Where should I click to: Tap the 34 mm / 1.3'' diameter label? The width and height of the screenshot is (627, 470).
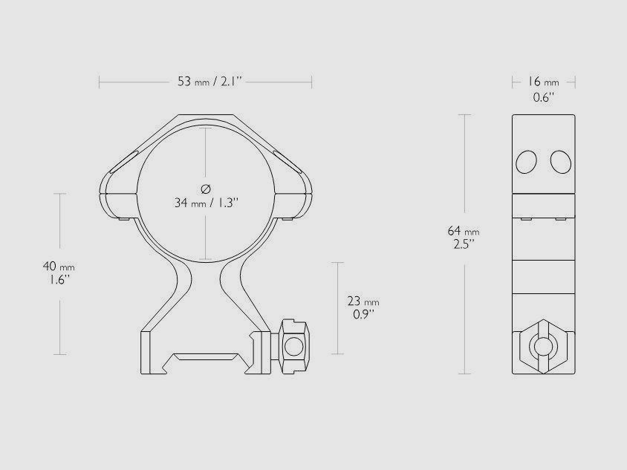[x=207, y=203]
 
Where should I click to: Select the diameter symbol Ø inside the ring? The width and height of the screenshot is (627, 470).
[x=206, y=186]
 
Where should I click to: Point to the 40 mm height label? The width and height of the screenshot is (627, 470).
[x=59, y=266]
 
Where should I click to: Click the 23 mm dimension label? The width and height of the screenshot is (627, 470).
[x=363, y=301]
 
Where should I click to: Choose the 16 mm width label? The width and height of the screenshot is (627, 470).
[x=545, y=82]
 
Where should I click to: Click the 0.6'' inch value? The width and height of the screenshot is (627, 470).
[x=544, y=97]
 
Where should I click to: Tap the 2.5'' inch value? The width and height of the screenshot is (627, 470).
[x=464, y=244]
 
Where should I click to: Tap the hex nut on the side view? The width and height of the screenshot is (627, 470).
[x=545, y=345]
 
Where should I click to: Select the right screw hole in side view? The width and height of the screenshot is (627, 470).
[x=560, y=161]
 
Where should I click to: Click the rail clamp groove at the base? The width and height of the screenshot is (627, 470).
[x=207, y=359]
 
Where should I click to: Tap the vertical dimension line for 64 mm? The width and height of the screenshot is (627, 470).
[x=465, y=171]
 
